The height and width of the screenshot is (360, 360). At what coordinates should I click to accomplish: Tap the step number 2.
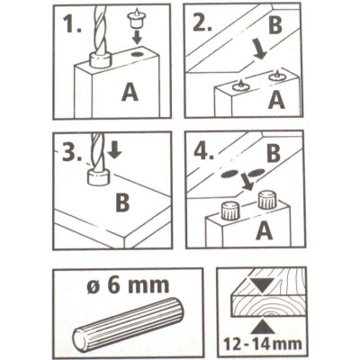pos(202,22)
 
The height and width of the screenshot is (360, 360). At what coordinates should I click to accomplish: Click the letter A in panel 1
pos(130,92)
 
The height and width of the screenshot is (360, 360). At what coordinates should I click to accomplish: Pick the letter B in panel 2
pos(275,24)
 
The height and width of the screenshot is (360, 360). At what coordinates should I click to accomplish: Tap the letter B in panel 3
pos(122,202)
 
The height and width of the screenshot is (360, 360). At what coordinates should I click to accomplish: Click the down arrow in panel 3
pos(114,150)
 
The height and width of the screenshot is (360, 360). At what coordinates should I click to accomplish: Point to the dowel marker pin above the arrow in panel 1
pos(137,19)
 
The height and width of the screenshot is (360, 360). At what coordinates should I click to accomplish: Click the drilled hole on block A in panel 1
pos(138,54)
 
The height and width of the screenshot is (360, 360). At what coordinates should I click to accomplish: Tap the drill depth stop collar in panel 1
pos(100,59)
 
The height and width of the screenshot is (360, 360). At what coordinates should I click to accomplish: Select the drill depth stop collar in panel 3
pos(98,177)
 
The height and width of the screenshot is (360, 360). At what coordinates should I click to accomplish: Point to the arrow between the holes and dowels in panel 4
pos(247,183)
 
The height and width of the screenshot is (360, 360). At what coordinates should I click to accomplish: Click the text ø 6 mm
pos(128,285)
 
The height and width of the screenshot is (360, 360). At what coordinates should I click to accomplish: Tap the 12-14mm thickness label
pos(261,343)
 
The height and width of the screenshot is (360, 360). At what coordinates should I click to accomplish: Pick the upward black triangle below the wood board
pos(263,327)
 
